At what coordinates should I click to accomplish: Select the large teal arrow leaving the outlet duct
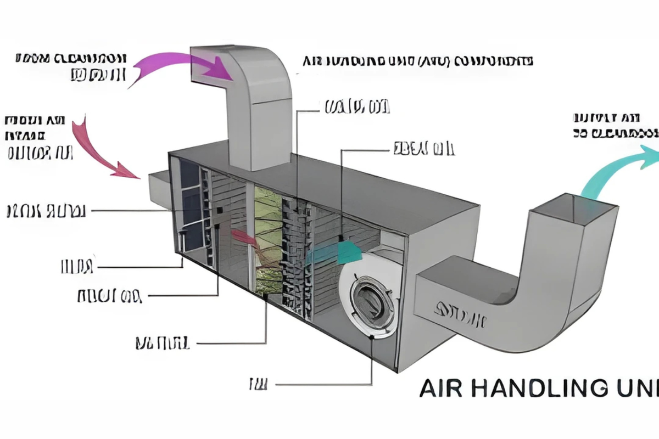[615, 170]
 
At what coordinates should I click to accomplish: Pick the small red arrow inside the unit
[242, 237]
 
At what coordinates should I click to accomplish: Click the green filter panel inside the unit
[267, 236]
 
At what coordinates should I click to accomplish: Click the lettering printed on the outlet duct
[460, 313]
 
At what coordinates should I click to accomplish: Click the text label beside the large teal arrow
[615, 125]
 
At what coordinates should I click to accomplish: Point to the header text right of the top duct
[417, 60]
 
